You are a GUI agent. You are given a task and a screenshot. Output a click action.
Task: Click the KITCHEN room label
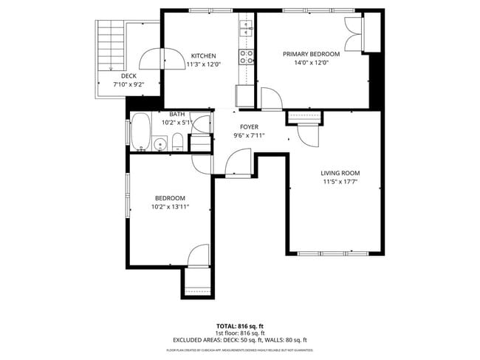[203, 56]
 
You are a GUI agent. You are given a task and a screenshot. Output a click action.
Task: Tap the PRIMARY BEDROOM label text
[312, 54]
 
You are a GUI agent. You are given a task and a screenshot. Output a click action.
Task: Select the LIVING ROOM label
[340, 173]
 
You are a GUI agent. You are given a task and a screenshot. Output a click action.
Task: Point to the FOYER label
[249, 127]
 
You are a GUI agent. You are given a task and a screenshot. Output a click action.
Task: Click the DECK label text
[129, 75]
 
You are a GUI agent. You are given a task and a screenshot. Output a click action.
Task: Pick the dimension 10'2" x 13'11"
[169, 207]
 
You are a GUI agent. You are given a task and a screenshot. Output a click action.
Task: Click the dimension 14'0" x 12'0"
[312, 63]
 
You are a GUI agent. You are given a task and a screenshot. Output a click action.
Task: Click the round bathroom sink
[160, 143]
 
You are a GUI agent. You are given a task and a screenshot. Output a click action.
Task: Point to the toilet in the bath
[176, 142]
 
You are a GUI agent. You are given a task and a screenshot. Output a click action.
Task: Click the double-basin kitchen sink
[246, 30]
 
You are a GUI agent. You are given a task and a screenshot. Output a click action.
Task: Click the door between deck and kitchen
[161, 58]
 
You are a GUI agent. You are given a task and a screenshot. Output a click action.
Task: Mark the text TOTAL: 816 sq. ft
[239, 326]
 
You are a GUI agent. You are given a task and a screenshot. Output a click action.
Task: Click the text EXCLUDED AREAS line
[239, 340]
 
